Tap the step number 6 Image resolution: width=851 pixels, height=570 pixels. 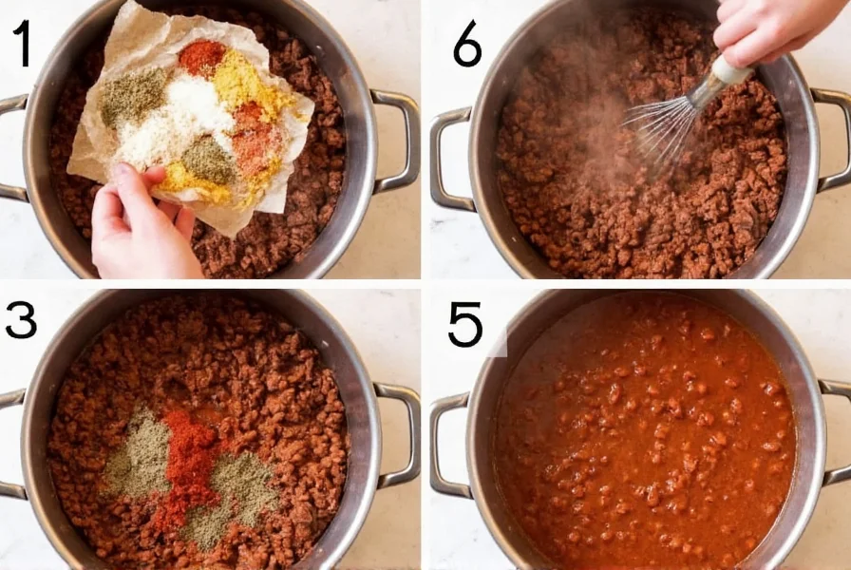tap(466, 46)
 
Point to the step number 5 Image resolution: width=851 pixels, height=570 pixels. tap(465, 325)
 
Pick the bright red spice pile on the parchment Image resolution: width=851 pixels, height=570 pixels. tap(201, 58)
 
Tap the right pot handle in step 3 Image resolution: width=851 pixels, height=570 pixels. tap(404, 432)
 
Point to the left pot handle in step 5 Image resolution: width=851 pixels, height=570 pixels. tap(448, 446)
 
